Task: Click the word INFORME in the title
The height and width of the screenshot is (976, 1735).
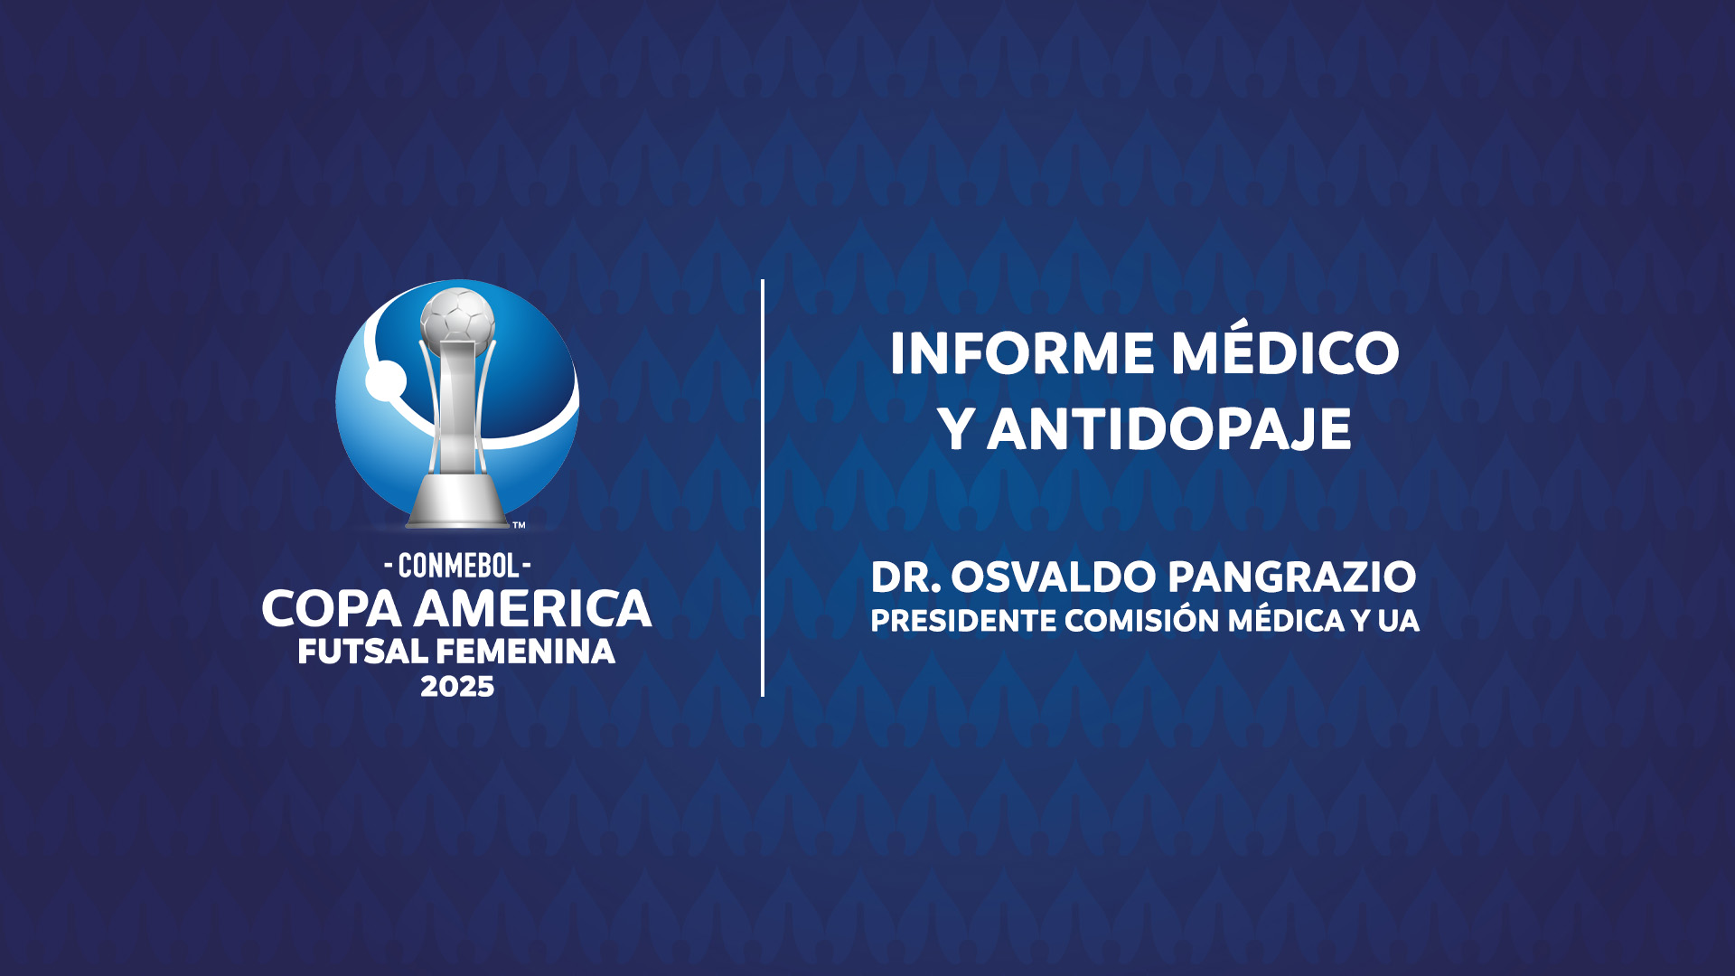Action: coord(1022,353)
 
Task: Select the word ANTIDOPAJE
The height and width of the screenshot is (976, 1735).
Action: coord(1169,429)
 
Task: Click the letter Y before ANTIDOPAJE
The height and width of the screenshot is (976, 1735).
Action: coord(956,429)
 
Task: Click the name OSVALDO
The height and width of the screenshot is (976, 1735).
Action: coord(1054,577)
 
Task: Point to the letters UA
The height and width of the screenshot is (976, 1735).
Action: coord(1399,621)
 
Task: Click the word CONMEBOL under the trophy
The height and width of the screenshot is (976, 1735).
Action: coord(458,566)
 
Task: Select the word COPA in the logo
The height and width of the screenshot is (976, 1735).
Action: coord(332,609)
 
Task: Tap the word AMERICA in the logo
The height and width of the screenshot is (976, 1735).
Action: coord(533,609)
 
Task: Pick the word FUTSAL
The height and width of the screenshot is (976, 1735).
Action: coord(362,652)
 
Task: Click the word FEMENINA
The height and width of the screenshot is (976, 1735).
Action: coord(526,652)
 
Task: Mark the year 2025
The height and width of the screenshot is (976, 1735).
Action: coord(457,687)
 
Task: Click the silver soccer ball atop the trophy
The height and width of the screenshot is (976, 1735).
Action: coord(457,318)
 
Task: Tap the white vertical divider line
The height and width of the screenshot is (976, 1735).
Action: coord(763,488)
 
